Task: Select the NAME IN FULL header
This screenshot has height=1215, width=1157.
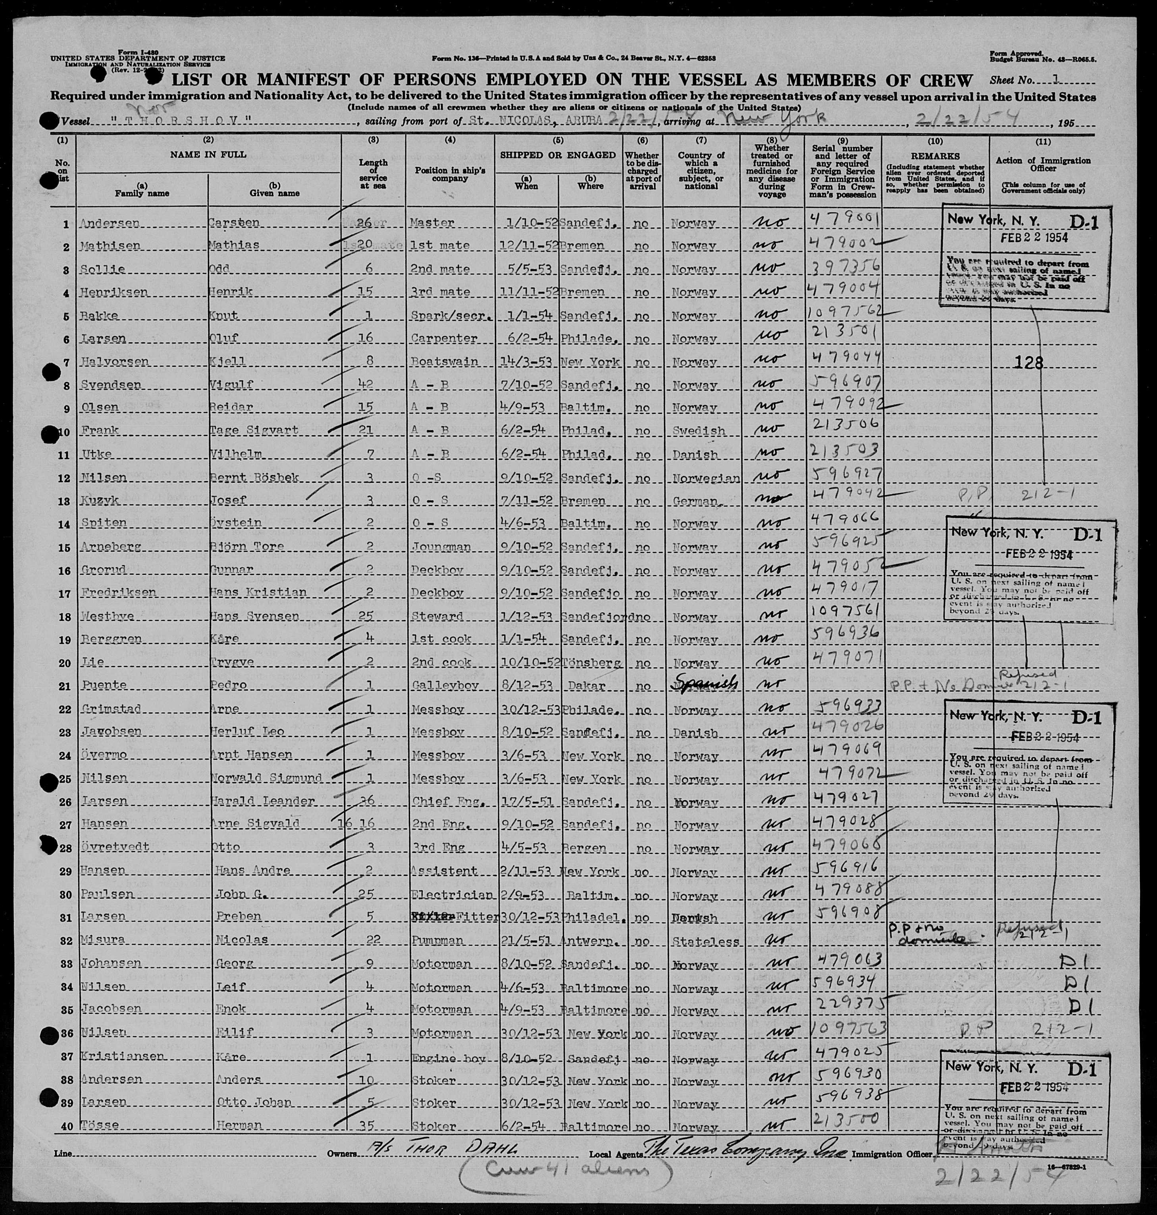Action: click(x=208, y=154)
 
